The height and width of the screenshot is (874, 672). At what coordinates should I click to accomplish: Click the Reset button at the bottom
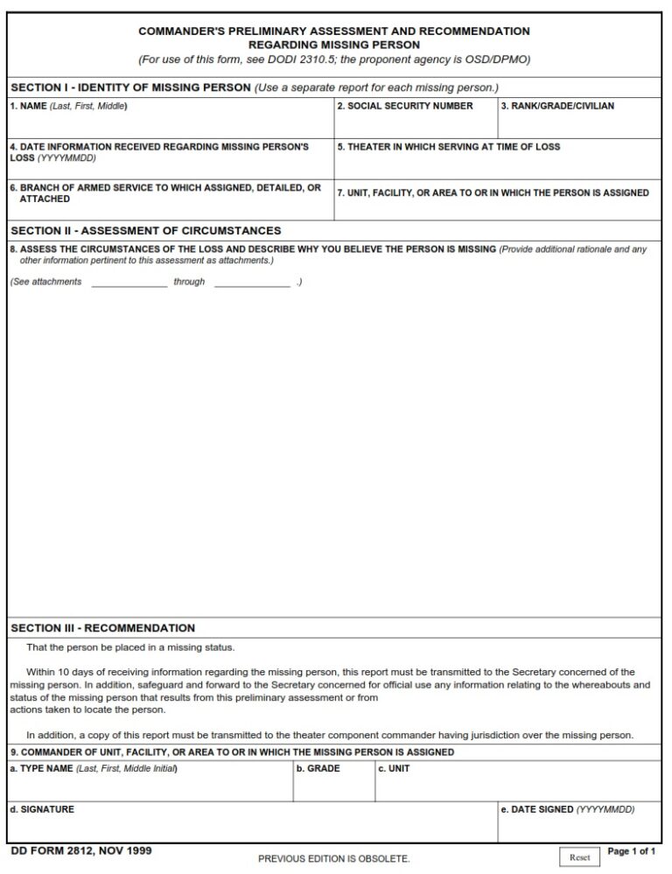pos(580,857)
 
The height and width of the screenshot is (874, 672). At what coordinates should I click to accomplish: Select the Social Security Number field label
pos(405,106)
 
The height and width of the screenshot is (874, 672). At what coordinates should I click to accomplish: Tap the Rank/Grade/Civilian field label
pos(556,106)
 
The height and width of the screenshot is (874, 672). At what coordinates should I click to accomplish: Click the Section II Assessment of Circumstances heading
pos(145,231)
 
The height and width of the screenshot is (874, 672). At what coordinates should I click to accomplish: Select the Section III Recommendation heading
pos(102,627)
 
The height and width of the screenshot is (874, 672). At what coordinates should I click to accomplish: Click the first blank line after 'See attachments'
pos(129,283)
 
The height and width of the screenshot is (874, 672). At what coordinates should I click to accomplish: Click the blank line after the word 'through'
pos(251,283)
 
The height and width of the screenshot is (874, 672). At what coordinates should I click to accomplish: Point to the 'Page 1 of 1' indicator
pos(631,851)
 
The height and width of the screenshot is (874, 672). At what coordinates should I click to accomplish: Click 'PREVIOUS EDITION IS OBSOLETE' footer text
pos(333,858)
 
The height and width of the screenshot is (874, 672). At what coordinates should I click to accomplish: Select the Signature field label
pos(42,809)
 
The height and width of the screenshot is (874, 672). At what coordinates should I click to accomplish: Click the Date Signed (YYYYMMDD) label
pos(567,809)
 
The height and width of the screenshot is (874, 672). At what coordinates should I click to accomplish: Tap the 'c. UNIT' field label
pos(393,768)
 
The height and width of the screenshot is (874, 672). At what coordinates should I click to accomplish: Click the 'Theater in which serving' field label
pos(448,147)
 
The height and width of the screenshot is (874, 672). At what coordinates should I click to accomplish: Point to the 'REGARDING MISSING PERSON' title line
pos(333,45)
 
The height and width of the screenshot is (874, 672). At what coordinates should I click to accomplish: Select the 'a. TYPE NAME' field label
pos(93,768)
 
